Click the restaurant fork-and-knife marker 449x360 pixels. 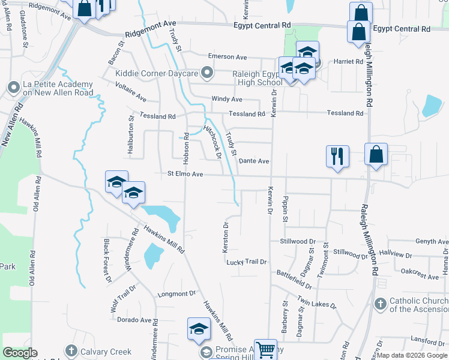pos(337,157)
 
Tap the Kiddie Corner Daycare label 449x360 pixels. pos(157,74)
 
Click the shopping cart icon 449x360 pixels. pos(265,350)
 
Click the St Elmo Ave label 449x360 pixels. pos(185,175)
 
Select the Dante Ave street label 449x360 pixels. pos(254,161)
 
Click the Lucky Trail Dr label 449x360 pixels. pos(246,262)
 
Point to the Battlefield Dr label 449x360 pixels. pos(295,273)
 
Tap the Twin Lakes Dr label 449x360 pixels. pos(317,304)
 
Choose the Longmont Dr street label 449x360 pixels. pos(176,294)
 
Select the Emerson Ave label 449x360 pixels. pos(228,56)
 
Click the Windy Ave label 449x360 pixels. pos(226,99)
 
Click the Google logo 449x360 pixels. pos(20,353)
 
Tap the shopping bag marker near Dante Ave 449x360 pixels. pos(376,154)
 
